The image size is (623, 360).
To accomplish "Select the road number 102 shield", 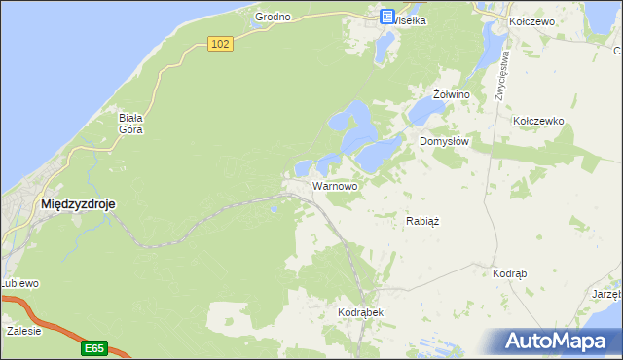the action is (x=221, y=44).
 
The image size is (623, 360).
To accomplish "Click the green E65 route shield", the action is (x=93, y=347).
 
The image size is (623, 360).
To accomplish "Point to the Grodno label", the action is (x=274, y=18).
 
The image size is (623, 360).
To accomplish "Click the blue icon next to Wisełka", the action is (x=386, y=17).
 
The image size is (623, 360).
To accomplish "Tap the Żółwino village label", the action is (x=452, y=94).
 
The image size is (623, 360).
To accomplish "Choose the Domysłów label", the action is (x=445, y=141).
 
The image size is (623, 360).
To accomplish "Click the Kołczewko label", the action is (x=538, y=121).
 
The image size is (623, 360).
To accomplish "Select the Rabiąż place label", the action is (x=422, y=221).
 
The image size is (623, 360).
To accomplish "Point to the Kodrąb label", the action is (x=510, y=274).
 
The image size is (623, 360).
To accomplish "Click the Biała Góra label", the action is (x=131, y=123).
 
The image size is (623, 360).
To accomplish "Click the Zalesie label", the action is (x=23, y=331).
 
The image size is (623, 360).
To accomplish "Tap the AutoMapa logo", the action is (x=558, y=342).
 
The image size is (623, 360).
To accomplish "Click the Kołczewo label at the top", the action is (x=531, y=20).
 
